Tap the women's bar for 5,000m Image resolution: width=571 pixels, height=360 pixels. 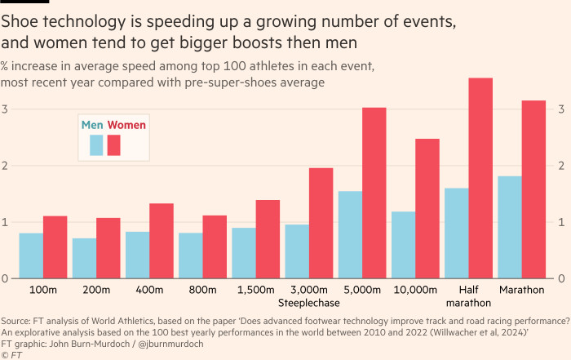[374, 193]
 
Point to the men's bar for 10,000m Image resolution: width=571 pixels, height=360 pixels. [403, 245]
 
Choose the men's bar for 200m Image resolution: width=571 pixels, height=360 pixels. [84, 258]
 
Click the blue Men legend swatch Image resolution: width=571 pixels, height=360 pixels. [96, 145]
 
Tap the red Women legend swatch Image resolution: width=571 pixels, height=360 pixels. [114, 145]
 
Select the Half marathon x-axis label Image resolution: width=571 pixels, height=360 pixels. [468, 296]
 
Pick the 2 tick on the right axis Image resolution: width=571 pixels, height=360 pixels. [561, 166]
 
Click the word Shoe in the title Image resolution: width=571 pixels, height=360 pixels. [19, 20]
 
